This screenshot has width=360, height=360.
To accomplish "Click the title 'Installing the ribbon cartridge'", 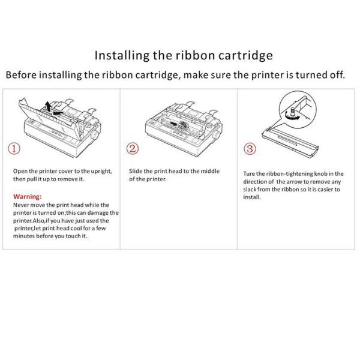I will click(184, 56).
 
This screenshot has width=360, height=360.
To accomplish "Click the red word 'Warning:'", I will click(28, 196).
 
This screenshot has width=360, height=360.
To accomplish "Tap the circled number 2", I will click(134, 148).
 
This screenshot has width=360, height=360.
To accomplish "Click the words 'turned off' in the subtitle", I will click(323, 76).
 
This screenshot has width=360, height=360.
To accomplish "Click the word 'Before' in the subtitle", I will click(23, 76).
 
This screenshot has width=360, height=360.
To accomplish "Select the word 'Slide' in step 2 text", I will click(136, 171).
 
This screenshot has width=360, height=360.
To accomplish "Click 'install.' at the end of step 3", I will click(252, 197).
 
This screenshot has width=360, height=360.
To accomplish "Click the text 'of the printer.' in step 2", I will click(148, 179).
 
